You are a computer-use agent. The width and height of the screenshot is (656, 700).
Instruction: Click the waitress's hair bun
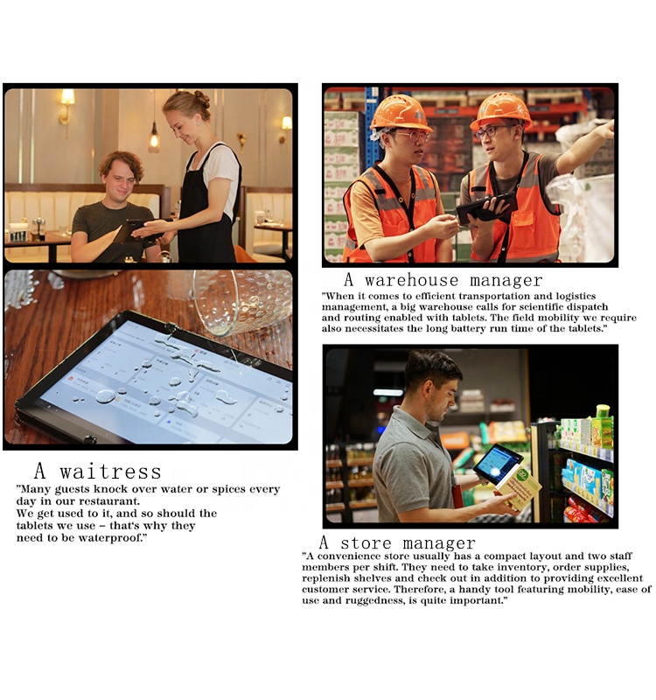click(202, 99)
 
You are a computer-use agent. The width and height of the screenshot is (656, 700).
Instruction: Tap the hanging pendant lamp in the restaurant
click(154, 138)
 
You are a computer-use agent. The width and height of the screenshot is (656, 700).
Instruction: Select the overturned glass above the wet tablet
click(241, 300)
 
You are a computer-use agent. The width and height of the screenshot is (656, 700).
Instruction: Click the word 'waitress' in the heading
click(110, 472)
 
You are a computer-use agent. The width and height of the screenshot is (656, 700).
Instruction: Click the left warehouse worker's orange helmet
click(401, 113)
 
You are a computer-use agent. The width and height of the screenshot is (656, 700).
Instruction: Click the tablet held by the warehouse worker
click(487, 207)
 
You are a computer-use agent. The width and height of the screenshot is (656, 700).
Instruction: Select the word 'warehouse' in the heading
click(411, 280)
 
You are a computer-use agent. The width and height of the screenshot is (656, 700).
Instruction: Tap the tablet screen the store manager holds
click(496, 463)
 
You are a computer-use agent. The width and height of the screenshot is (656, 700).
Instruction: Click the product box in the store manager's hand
click(519, 488)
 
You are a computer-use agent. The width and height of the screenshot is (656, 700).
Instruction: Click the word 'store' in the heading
click(366, 543)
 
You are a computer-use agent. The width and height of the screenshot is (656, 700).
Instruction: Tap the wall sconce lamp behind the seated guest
click(66, 106)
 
